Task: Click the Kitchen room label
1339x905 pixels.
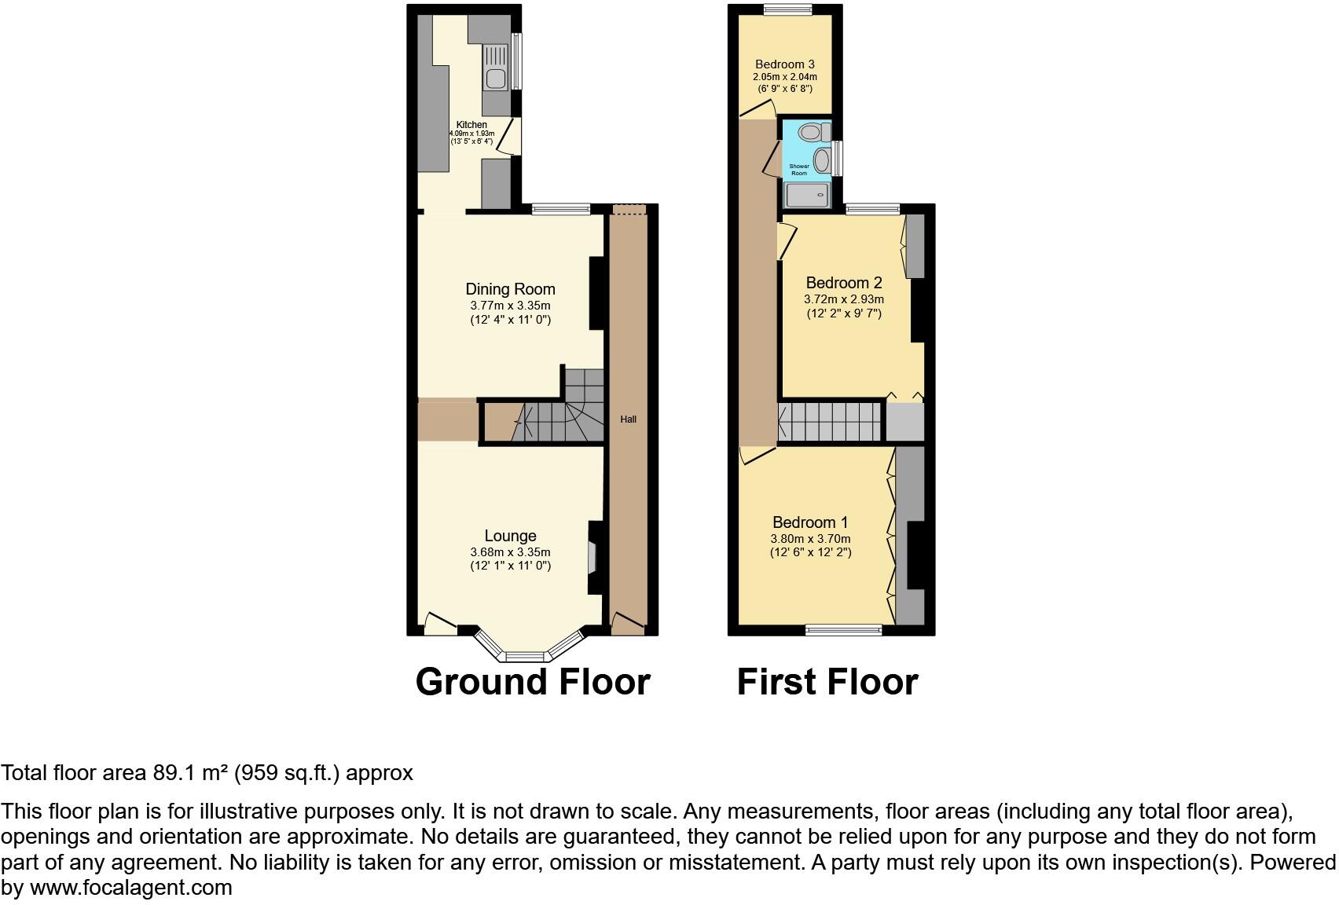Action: click(x=471, y=125)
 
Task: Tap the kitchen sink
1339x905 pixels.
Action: click(x=496, y=79)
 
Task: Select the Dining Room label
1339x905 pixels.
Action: click(x=510, y=289)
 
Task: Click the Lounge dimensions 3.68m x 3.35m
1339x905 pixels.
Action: click(x=510, y=552)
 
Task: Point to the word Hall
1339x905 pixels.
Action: click(x=628, y=420)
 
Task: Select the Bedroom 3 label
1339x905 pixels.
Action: click(x=784, y=64)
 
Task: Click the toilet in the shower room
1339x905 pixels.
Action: click(x=810, y=130)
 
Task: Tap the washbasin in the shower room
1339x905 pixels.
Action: click(x=822, y=161)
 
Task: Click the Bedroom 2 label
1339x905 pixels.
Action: click(x=844, y=283)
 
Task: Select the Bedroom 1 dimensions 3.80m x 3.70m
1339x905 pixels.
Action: click(x=810, y=539)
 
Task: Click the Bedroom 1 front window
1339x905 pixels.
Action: click(x=844, y=628)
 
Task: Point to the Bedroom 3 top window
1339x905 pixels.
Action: click(x=788, y=9)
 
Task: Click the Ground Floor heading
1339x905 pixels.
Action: click(x=533, y=682)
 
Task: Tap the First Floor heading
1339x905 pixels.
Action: click(x=827, y=682)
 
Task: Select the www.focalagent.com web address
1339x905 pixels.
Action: click(x=131, y=888)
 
